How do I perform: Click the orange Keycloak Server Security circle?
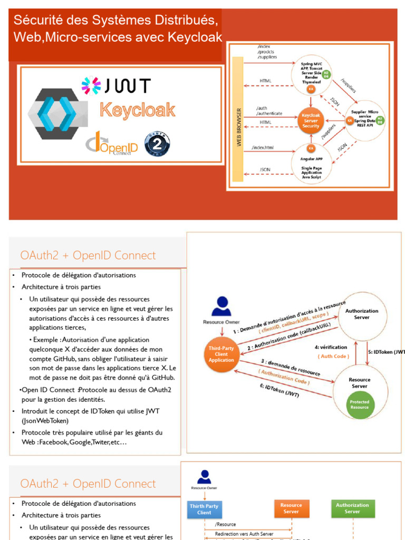(x=311, y=120)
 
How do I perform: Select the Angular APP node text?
(x=312, y=157)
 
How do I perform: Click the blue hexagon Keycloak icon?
(x=53, y=113)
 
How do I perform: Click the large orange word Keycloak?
(x=138, y=111)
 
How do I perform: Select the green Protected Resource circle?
(x=360, y=404)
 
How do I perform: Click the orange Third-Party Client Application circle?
(x=221, y=354)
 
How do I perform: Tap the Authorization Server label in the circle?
(x=362, y=314)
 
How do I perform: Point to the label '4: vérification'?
(x=331, y=347)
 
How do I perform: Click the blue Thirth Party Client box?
(x=204, y=509)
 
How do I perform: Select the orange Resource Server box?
(x=291, y=508)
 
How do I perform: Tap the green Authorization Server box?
(x=352, y=508)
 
